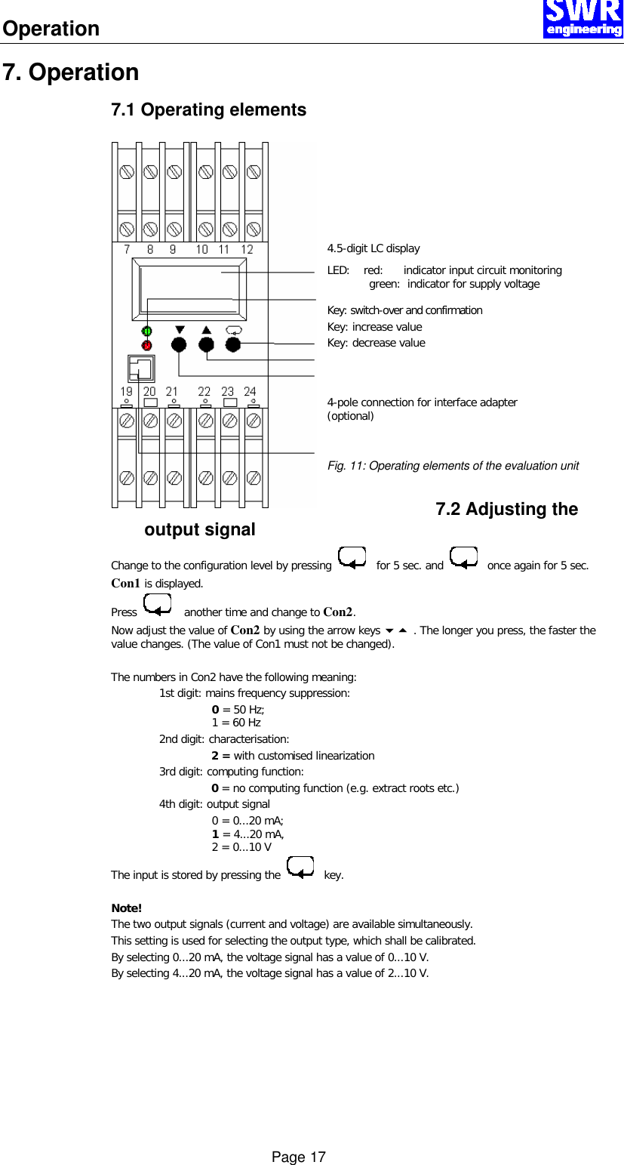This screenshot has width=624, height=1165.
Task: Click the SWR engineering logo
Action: pos(583,19)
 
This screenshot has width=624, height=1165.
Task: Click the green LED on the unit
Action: pos(147,331)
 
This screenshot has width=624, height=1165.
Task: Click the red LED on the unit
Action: pos(147,346)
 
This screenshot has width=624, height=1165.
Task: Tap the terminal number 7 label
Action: pos(127,249)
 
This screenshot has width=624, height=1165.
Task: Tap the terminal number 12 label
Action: pos(247,249)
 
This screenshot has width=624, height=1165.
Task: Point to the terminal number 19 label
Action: pos(127,391)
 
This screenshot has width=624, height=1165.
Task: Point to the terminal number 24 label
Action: pos(250,391)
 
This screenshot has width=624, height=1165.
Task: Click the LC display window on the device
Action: pos(189,288)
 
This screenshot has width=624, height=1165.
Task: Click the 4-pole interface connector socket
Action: pos(140,368)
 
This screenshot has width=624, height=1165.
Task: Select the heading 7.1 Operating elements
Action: pos(208,109)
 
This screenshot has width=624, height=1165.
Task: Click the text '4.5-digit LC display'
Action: pos(373,248)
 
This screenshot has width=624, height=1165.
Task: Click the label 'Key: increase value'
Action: pos(374,327)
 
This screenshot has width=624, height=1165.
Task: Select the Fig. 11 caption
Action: pos(453,466)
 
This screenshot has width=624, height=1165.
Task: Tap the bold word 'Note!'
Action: pos(126,908)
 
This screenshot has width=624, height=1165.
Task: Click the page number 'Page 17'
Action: pos(299,1157)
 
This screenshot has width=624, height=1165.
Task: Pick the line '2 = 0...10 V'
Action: pos(241,847)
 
